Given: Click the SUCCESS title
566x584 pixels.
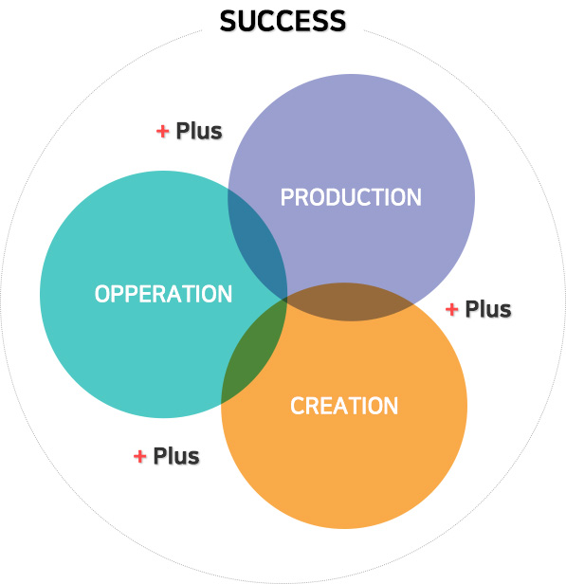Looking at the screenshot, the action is tap(283, 21).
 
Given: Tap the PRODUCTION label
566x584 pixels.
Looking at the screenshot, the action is tap(351, 197).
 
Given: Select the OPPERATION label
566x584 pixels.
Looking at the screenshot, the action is tap(163, 294).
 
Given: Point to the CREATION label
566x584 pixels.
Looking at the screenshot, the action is tap(344, 406).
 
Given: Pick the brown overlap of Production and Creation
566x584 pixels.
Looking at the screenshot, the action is tap(350, 301).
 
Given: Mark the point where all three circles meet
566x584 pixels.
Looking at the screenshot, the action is tap(286, 299).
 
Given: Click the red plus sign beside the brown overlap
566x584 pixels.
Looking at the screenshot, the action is tap(451, 309).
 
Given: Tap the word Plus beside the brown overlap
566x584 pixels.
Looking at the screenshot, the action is tap(488, 309).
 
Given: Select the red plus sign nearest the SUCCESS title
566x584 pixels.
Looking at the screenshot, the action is tap(162, 131).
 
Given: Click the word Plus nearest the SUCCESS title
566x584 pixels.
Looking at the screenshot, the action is tap(199, 131).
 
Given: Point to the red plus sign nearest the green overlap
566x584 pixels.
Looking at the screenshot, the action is tap(139, 456).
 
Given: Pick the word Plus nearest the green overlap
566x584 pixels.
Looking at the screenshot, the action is tap(176, 456).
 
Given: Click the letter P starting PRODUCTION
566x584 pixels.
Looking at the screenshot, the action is tap(287, 197).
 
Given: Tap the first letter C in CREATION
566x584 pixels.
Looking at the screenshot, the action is tap(297, 406).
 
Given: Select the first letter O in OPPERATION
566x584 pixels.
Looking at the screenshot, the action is tap(102, 294).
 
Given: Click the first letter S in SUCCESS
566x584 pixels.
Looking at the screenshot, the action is tap(228, 21).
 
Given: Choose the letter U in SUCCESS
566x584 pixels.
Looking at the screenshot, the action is tap(246, 21).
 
